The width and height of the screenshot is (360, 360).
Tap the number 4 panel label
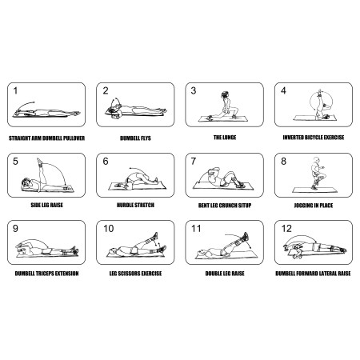[283, 91]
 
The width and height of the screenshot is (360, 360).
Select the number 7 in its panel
[193, 161]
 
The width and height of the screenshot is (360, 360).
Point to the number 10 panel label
[108, 229]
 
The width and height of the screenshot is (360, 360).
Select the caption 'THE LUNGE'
[224, 137]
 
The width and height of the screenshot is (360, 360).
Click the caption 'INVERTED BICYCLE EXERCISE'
[314, 137]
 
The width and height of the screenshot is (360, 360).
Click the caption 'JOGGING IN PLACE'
[314, 206]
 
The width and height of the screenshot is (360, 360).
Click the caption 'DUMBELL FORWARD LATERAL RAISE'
[314, 274]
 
